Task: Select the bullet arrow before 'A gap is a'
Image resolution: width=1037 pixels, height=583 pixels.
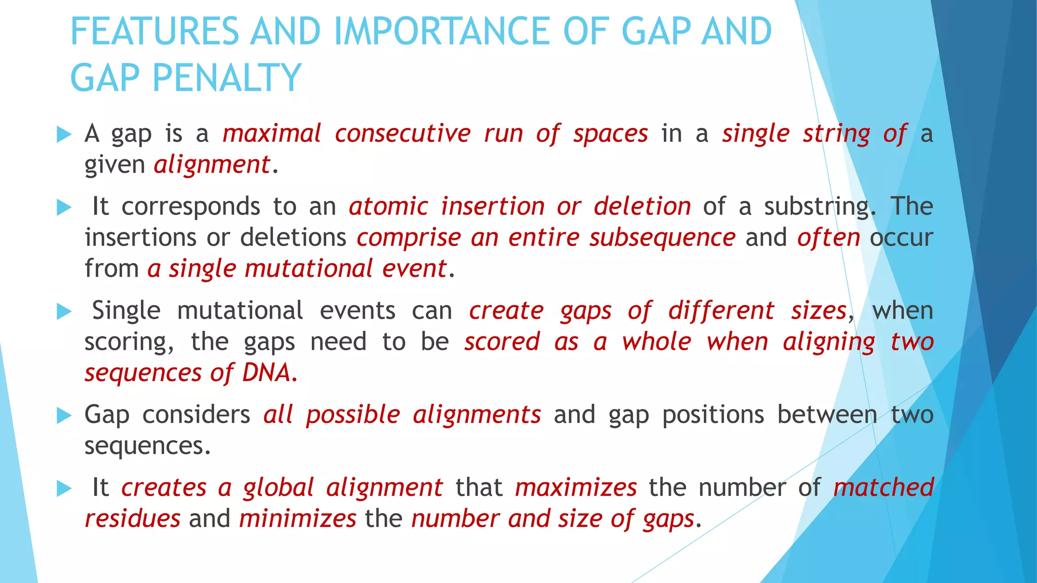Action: tap(64, 135)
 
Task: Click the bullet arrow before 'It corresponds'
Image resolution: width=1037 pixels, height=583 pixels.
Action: tap(64, 207)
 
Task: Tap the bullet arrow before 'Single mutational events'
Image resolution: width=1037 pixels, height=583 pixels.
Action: tap(64, 311)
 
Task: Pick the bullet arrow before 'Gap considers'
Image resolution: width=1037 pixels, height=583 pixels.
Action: tap(64, 415)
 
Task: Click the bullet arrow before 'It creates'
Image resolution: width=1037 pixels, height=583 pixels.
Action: tap(64, 488)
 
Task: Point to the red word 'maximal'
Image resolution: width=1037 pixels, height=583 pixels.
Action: tap(272, 134)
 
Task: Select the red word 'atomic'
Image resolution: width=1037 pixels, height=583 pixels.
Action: tap(388, 206)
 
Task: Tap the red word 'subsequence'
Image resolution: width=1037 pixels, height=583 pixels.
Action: tap(662, 238)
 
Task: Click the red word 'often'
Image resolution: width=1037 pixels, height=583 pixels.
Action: tap(828, 238)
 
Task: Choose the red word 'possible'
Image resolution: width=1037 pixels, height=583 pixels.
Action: tap(353, 415)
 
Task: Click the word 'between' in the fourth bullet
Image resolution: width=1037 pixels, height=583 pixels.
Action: tap(827, 415)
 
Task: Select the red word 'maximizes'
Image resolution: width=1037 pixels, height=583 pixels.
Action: tap(576, 488)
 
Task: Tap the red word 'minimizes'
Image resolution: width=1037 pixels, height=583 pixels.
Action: tap(298, 519)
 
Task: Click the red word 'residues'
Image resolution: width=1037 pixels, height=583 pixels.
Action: tap(132, 519)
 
